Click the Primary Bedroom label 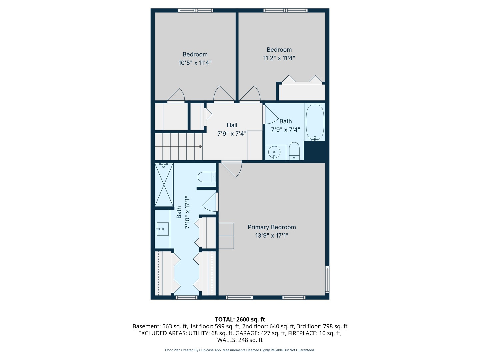272,227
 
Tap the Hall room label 232,125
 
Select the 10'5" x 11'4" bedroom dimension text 195,63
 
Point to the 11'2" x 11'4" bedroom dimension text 279,58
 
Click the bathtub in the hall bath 315,122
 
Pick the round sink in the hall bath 274,152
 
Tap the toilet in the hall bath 294,151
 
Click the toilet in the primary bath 207,177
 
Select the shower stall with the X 164,185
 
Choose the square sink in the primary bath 163,229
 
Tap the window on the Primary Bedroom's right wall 327,279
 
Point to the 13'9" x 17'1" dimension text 272,236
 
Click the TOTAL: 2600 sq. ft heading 240,319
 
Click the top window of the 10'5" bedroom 195,10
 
